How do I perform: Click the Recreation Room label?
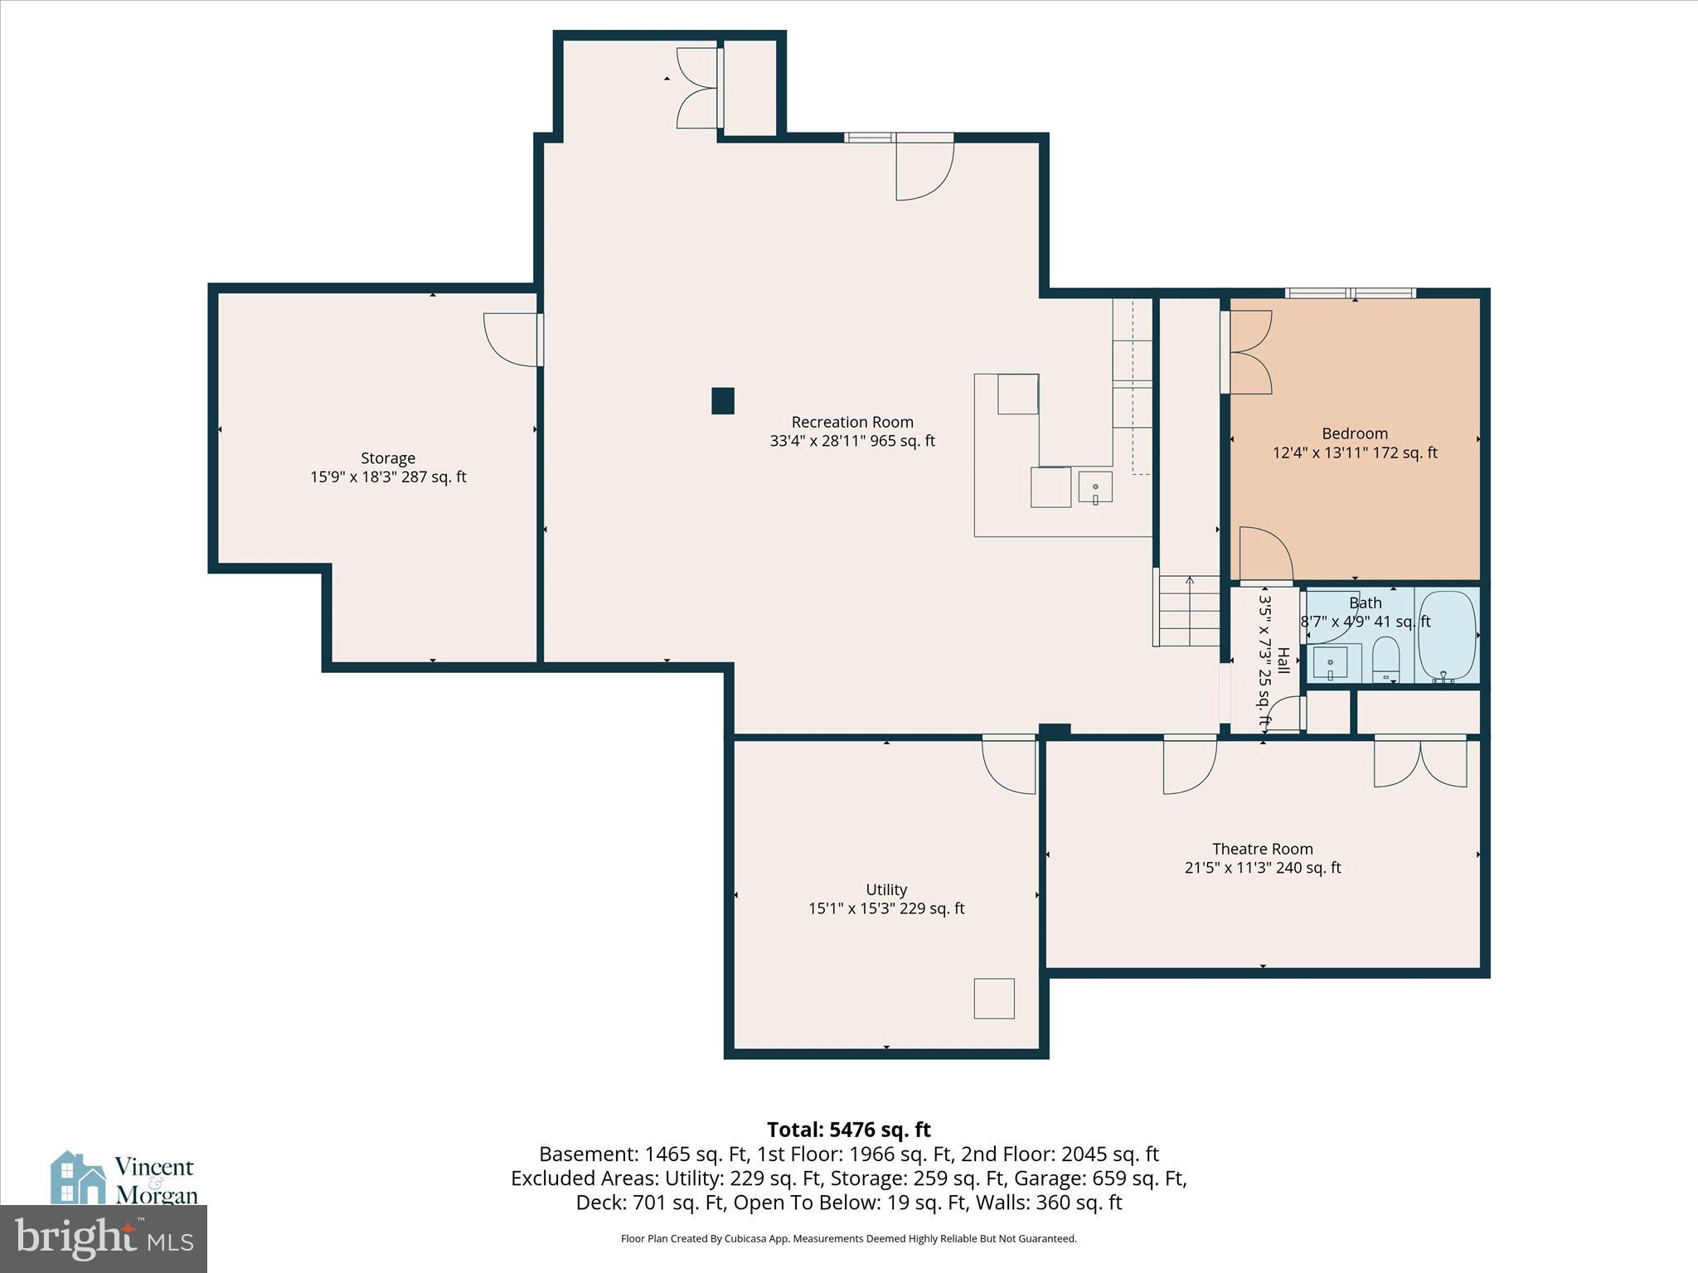852,422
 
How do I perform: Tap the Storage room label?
388,458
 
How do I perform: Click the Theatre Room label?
1262,849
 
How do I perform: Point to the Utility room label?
885,889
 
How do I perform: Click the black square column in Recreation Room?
723,401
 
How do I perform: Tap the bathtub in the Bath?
1448,634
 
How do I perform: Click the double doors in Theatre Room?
1420,762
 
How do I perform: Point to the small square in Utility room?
994,998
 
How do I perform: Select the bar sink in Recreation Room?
1095,487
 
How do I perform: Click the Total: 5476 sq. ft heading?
848,1130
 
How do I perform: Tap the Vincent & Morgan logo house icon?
78,1177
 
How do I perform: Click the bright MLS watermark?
103,1238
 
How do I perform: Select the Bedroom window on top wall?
1350,293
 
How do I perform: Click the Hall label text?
1283,661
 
